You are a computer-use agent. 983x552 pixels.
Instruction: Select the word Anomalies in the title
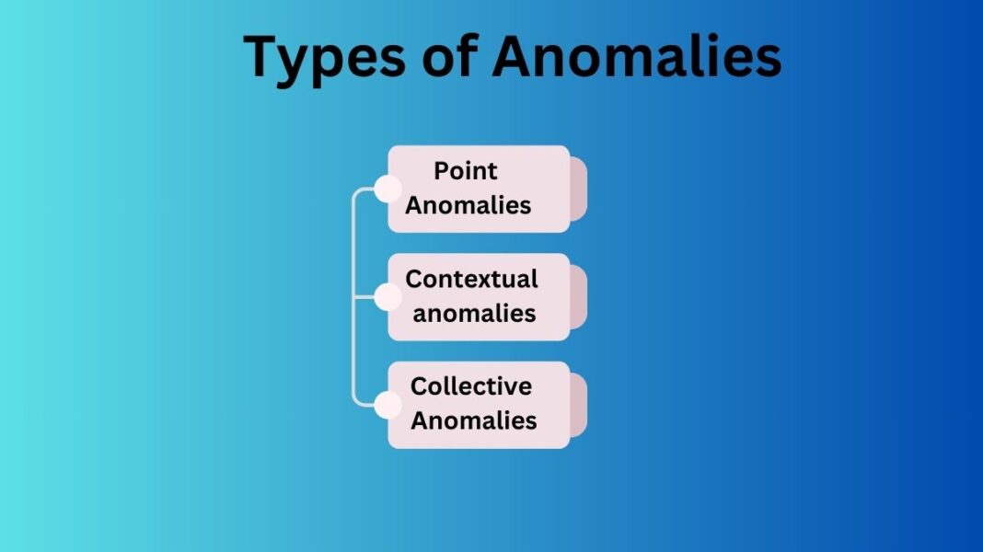tap(636, 57)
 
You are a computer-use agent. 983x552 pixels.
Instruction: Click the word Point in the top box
tap(466, 171)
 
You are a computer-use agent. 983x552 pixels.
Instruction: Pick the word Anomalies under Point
tap(468, 205)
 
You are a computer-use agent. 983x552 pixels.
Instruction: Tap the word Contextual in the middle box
tap(472, 279)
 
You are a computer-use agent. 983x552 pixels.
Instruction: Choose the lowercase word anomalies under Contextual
tap(474, 313)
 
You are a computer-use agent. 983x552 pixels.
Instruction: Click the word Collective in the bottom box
tap(471, 386)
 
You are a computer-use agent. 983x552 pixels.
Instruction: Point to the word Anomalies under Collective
tap(474, 420)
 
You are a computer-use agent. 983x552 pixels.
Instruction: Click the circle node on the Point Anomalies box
tap(387, 190)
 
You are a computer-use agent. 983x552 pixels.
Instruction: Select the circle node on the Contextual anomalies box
tap(387, 297)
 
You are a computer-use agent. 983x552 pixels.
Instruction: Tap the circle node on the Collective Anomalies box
tap(387, 405)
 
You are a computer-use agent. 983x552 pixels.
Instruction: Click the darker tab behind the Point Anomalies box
tap(579, 190)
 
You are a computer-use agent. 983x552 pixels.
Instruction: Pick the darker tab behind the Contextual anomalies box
tap(579, 297)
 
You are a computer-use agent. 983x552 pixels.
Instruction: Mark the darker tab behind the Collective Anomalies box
tap(579, 405)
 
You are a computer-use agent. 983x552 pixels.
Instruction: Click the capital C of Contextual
tap(414, 279)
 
